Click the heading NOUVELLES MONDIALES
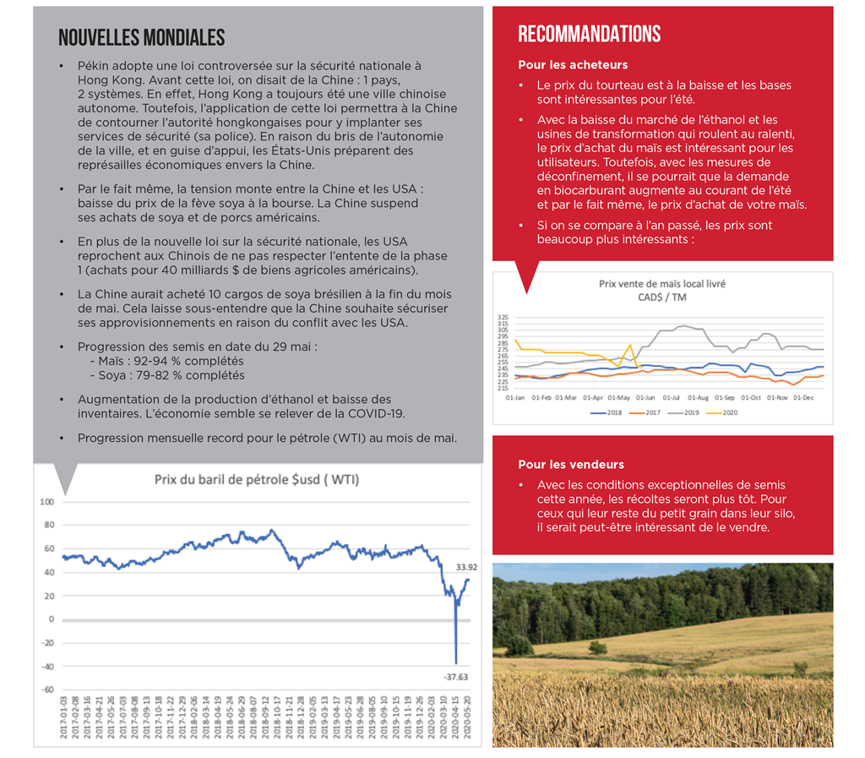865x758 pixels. (x=141, y=38)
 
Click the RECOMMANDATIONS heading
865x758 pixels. (x=589, y=35)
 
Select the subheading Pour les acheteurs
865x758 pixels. (x=572, y=65)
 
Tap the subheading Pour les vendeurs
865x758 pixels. (x=570, y=465)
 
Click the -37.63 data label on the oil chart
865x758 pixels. (x=456, y=676)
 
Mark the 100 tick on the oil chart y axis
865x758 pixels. (x=46, y=502)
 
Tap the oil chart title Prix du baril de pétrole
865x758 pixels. (x=256, y=480)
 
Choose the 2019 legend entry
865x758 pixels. (x=688, y=414)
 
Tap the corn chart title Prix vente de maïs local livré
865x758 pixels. (x=661, y=285)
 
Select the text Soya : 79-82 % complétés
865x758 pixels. (x=166, y=374)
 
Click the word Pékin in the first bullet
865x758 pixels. (x=94, y=65)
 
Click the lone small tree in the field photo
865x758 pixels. (x=598, y=647)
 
